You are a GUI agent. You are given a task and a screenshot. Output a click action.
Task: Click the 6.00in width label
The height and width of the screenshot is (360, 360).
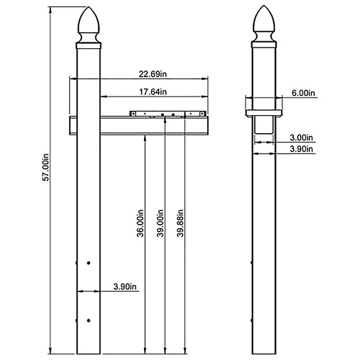303,93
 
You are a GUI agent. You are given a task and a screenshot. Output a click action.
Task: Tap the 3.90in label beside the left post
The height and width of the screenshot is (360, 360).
125,287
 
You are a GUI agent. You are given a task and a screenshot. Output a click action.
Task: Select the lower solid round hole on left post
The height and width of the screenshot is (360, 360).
89,320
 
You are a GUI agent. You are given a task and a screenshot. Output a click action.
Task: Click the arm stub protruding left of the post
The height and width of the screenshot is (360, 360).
72,126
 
